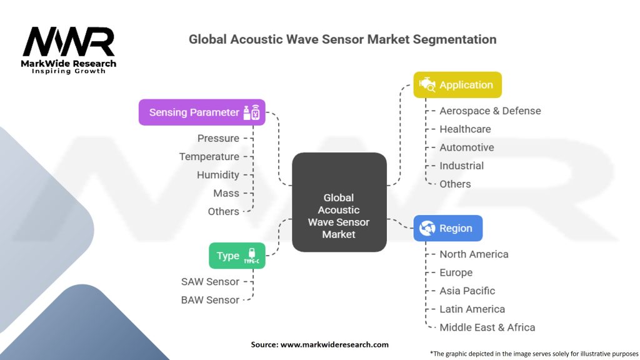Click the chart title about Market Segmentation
342,39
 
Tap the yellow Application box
457,85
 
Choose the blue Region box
447,228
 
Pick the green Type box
237,256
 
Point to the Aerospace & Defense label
490,111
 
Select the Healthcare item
465,129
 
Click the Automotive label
466,147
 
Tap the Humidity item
217,175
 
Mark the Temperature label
209,156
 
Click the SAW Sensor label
210,282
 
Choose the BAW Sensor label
210,300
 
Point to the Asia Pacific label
467,291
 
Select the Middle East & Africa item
487,327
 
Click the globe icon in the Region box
427,228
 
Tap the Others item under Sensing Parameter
223,211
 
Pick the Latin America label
472,309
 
